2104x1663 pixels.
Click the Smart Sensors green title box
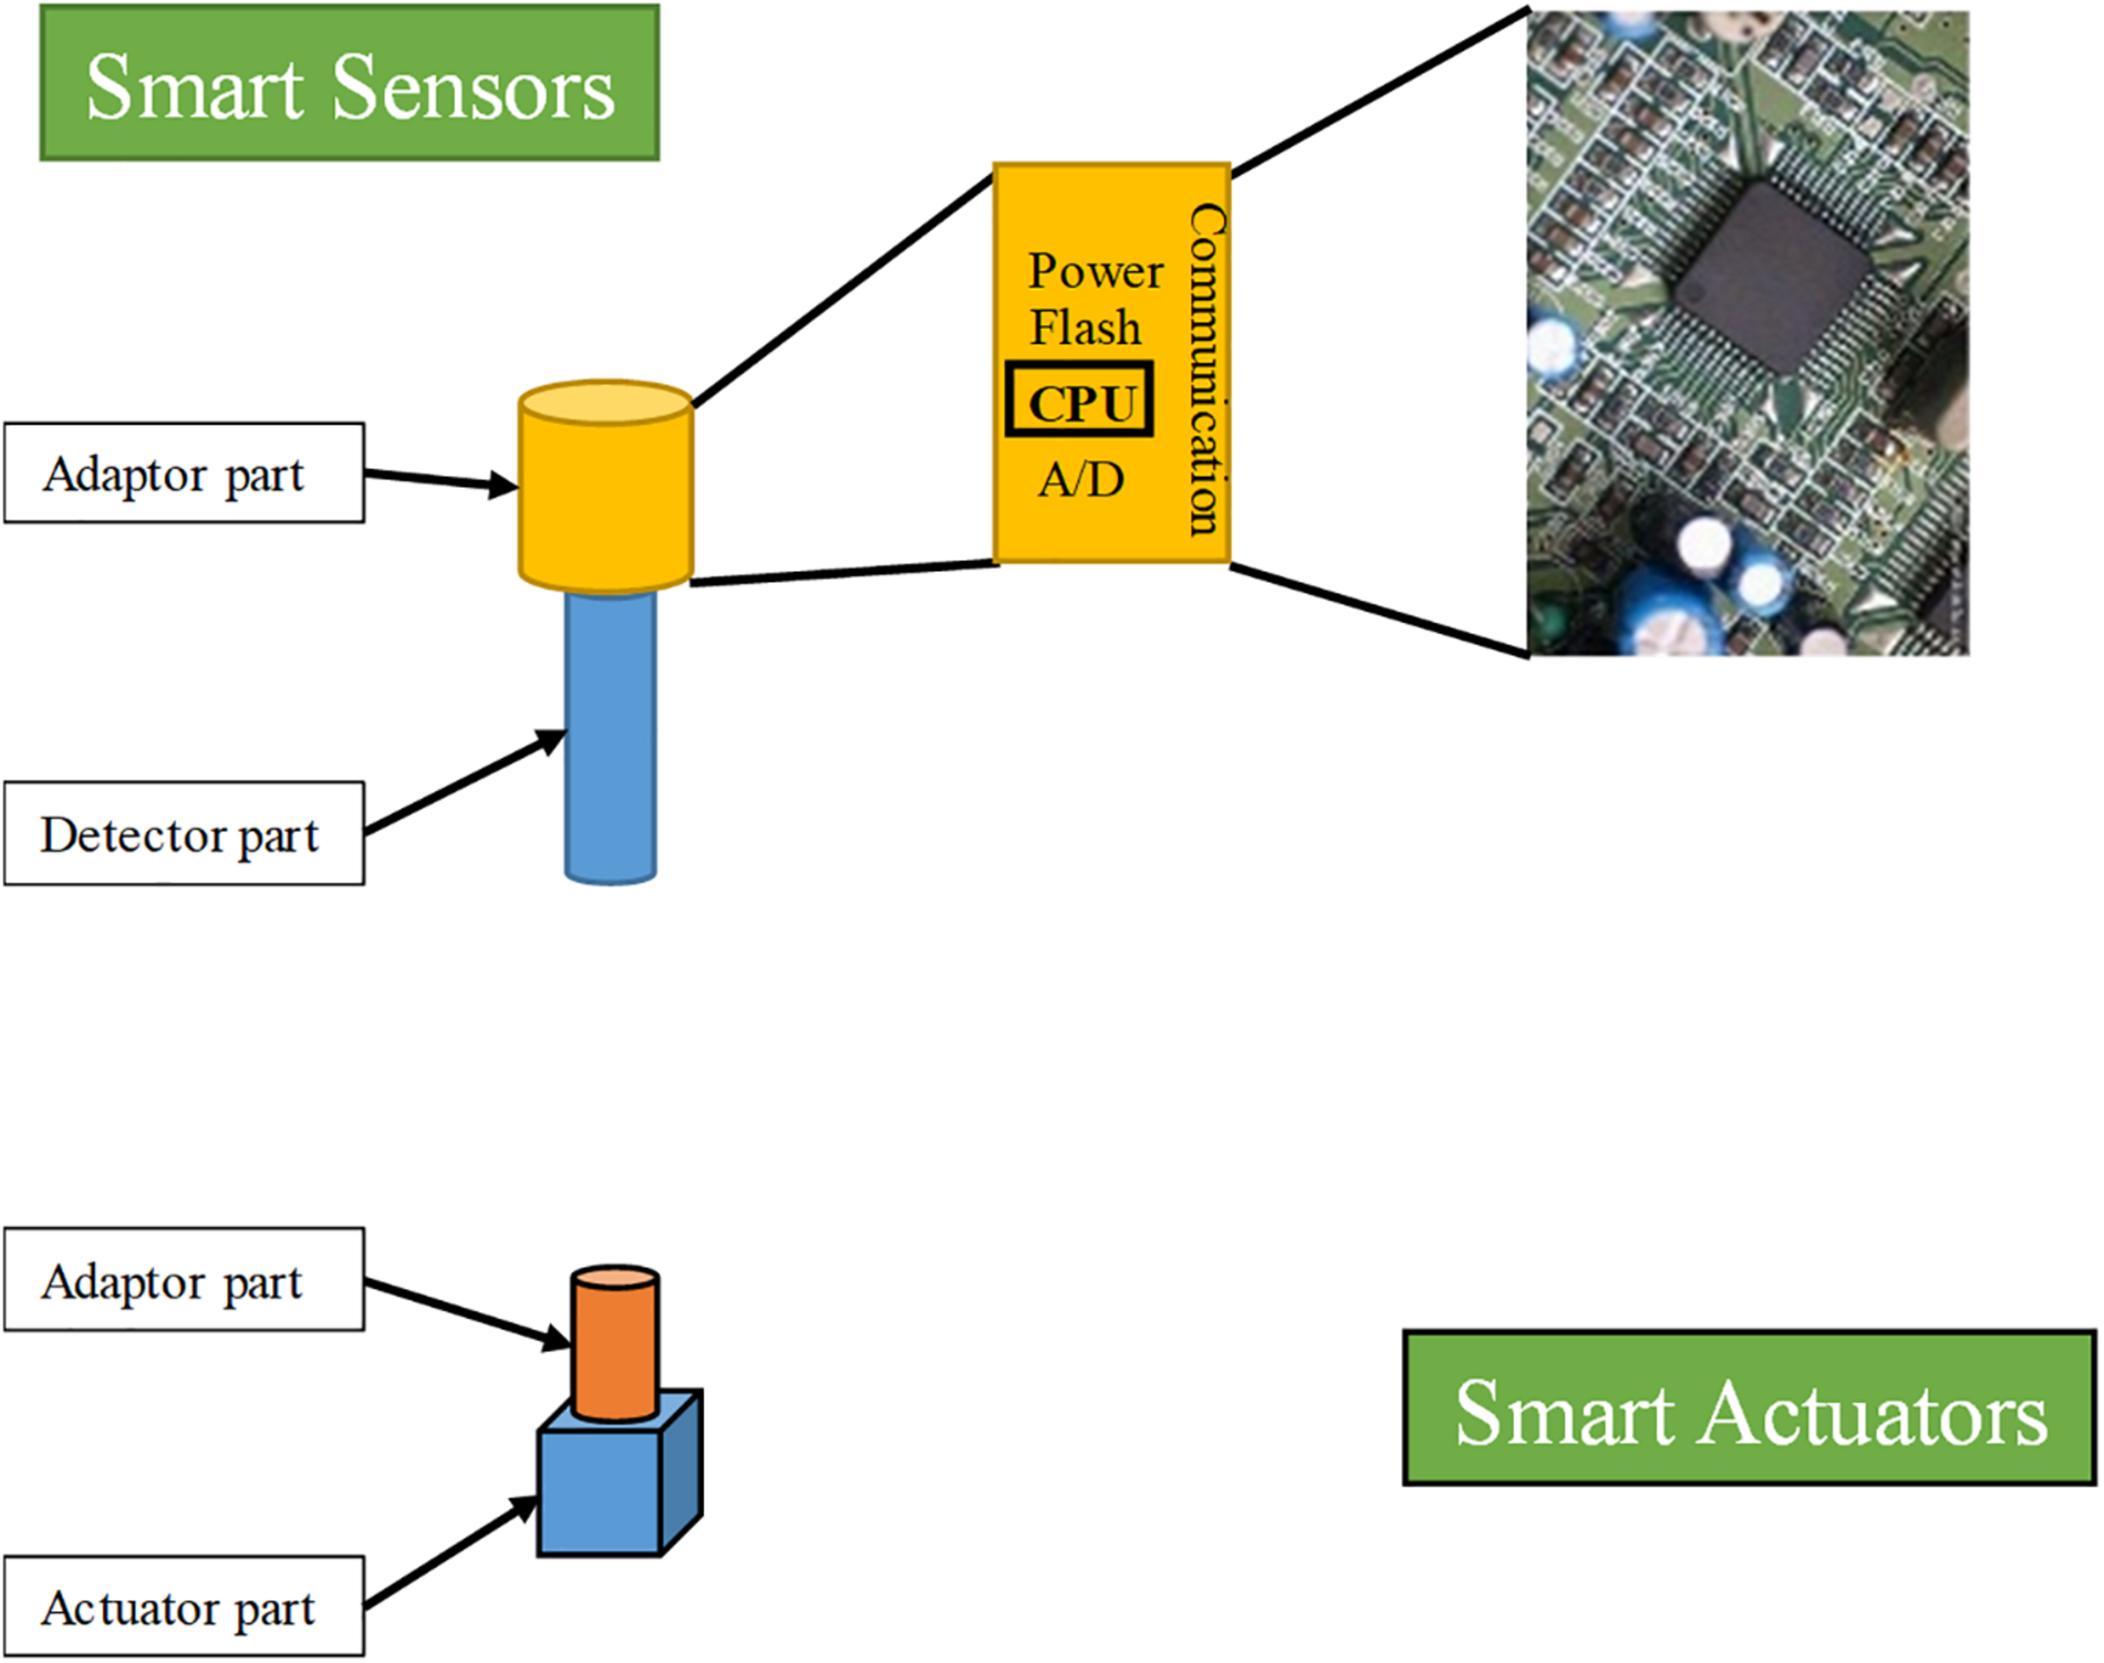coord(349,83)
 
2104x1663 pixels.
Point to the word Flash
coord(1085,327)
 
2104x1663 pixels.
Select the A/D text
coord(1081,479)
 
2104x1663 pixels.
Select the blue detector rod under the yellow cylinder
coord(610,740)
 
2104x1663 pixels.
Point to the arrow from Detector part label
coord(464,784)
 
